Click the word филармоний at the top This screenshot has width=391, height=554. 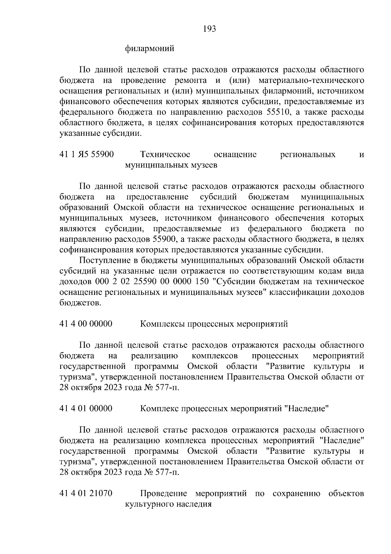pyautogui.click(x=150, y=49)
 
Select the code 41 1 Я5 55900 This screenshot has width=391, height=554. pyautogui.click(x=87, y=154)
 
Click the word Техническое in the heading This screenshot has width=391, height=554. pyautogui.click(x=165, y=154)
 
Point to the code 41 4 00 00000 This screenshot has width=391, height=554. pyautogui.click(x=86, y=324)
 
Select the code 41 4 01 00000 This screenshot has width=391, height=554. pyautogui.click(x=86, y=408)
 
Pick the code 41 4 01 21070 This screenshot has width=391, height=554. pyautogui.click(x=86, y=493)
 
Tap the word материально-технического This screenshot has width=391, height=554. pyautogui.click(x=311, y=80)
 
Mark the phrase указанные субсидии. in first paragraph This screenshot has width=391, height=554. pyautogui.click(x=101, y=134)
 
